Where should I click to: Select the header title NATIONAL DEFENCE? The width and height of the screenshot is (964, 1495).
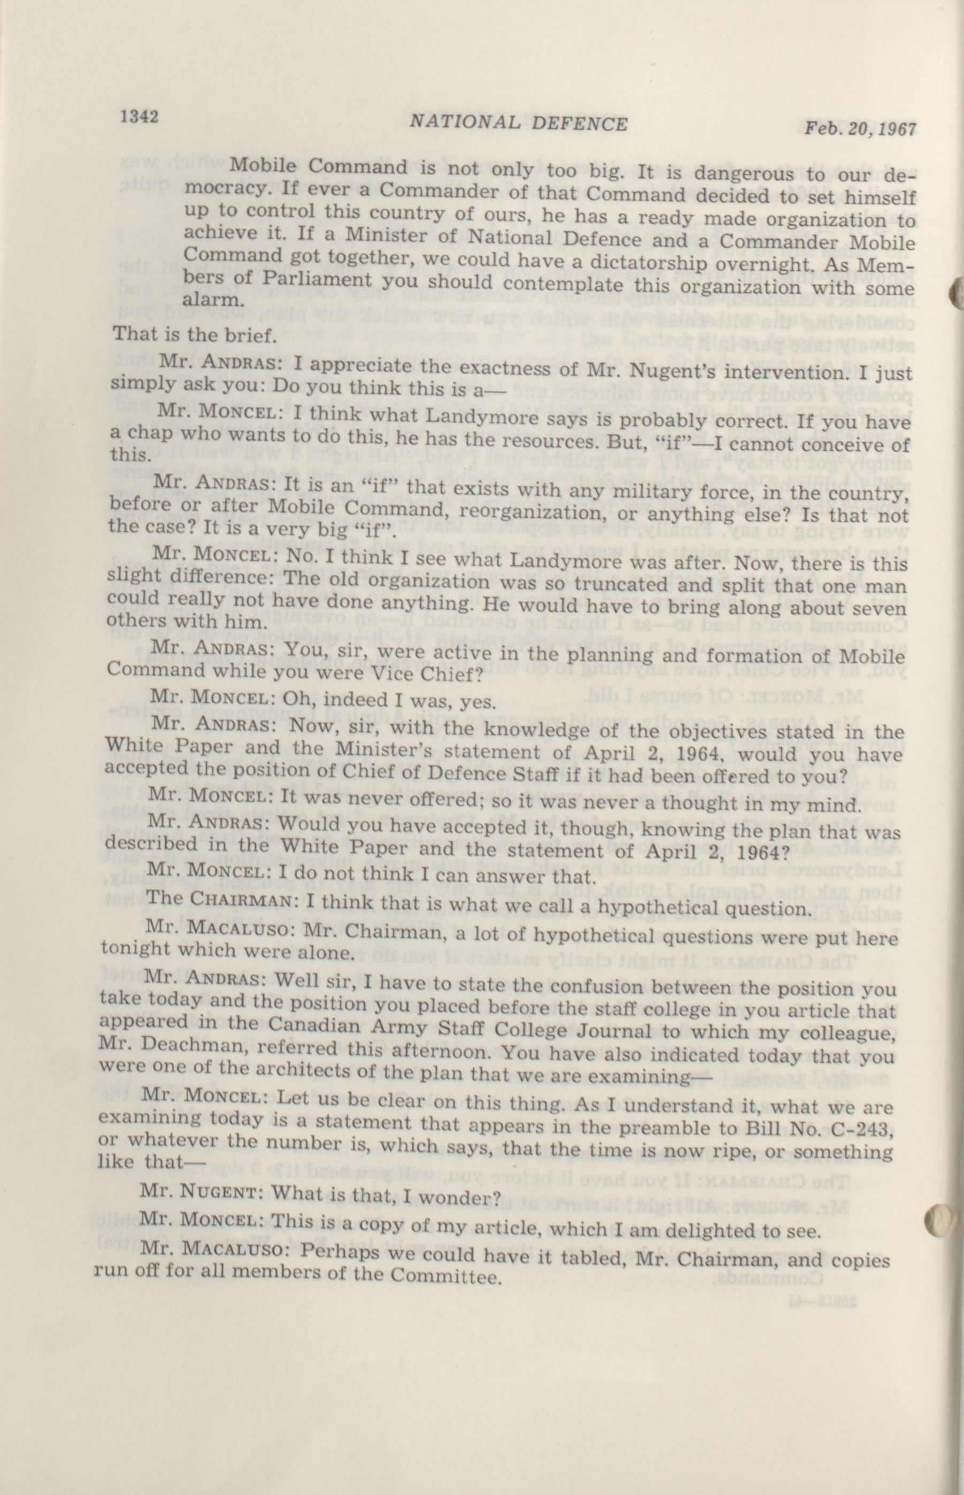coord(518,124)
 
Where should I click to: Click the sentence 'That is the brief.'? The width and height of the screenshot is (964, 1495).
coord(194,334)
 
